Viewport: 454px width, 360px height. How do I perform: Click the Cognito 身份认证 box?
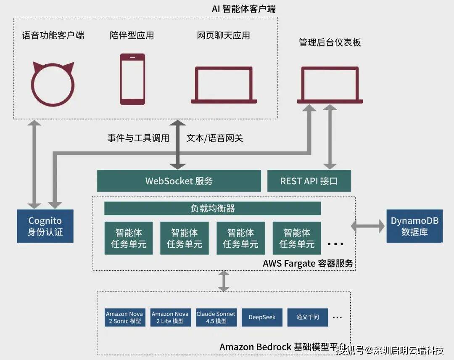click(45, 226)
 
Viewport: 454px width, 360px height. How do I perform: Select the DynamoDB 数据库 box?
click(414, 226)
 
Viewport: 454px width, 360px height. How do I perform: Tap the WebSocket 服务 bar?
click(179, 181)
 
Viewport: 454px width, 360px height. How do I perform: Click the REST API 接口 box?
click(309, 181)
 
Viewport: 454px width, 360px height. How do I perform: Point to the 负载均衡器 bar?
click(212, 208)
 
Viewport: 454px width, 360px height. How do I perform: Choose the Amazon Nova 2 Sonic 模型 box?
click(124, 318)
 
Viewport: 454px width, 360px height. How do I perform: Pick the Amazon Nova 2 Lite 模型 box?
click(170, 318)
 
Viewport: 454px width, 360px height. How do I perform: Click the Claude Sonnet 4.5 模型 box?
click(216, 318)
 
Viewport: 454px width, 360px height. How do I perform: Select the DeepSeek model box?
click(262, 318)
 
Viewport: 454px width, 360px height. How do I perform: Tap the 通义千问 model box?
click(307, 318)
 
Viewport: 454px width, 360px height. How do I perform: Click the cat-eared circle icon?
click(53, 84)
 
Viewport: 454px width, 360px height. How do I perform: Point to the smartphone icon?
click(132, 79)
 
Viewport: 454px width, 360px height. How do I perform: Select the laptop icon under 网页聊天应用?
click(224, 85)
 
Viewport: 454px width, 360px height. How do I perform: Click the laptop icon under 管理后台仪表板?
click(330, 85)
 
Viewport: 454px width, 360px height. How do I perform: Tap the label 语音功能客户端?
click(53, 35)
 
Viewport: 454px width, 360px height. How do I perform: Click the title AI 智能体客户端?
click(244, 8)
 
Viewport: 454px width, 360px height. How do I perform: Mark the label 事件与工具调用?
click(138, 138)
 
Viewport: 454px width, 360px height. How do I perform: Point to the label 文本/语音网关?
click(214, 138)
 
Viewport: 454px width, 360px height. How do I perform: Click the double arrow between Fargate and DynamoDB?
click(368, 226)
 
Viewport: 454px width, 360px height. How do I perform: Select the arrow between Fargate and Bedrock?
click(224, 281)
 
